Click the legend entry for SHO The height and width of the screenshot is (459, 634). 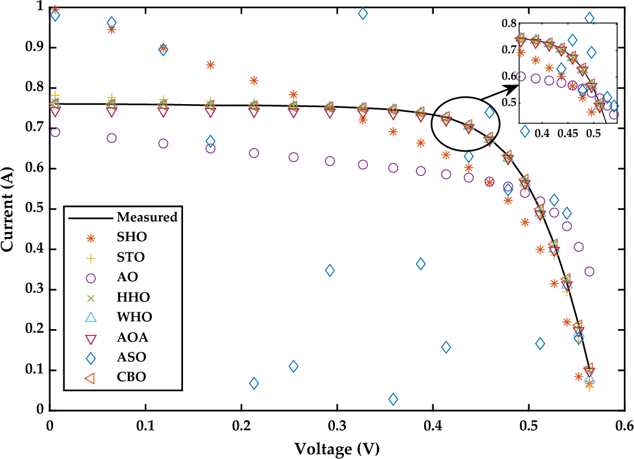click(132, 236)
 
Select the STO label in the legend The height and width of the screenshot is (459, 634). click(131, 257)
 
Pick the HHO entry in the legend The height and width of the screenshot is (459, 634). click(133, 297)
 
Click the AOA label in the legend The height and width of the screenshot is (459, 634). click(133, 338)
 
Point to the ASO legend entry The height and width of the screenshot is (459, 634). click(132, 357)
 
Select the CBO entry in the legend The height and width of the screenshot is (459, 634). click(132, 377)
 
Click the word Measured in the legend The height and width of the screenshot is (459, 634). click(147, 217)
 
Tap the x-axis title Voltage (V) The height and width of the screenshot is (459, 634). click(337, 447)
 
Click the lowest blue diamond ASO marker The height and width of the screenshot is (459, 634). click(393, 399)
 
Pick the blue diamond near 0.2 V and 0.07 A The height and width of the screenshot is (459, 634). click(254, 383)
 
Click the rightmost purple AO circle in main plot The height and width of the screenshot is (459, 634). click(589, 271)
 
